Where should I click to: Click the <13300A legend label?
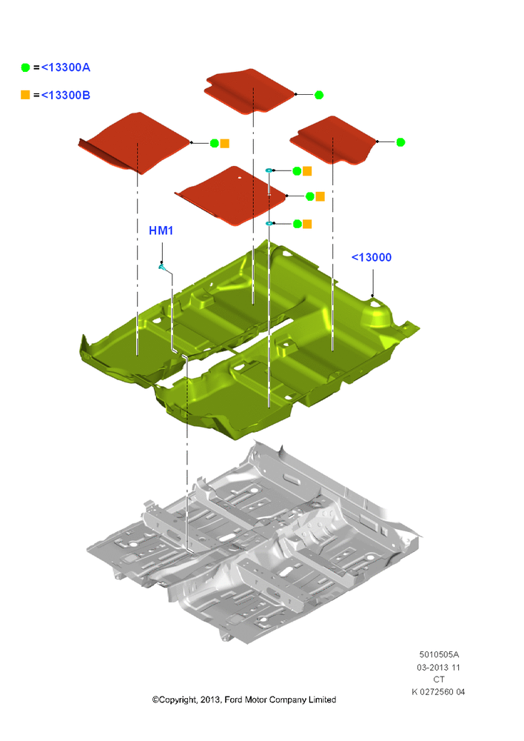point(66,67)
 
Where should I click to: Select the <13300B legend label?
point(66,95)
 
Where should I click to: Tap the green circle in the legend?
point(25,67)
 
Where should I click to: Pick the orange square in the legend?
point(25,95)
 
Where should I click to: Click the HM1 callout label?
point(161,230)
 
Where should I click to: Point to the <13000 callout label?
point(372,258)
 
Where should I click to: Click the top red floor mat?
point(249,91)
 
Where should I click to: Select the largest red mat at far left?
point(135,143)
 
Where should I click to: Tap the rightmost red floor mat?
point(333,140)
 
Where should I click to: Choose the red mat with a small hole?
point(231,195)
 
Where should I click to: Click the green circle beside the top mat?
point(319,95)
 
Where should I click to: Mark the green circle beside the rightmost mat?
point(400,142)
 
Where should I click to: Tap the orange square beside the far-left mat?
point(225,143)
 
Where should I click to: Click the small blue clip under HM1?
point(162,268)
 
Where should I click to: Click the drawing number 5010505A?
point(439,654)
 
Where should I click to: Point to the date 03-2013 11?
point(438,668)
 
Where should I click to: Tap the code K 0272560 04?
point(438,692)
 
